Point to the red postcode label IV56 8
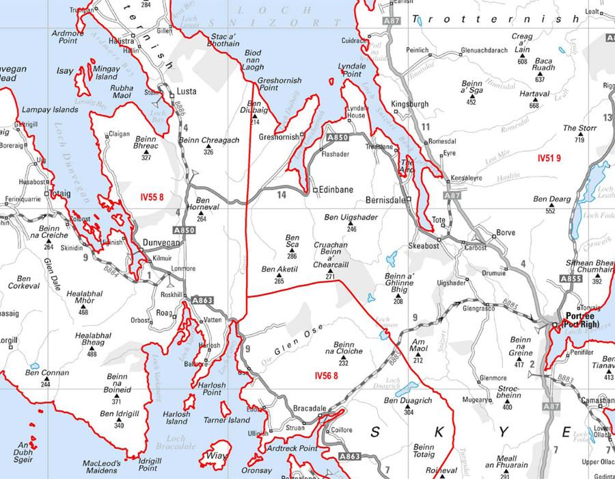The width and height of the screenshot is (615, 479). coord(328,376)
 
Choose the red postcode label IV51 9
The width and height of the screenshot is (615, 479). coord(550,158)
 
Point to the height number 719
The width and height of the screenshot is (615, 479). coord(579,140)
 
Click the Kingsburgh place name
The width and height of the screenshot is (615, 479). coord(409,104)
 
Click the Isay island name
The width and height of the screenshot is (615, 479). coord(65,70)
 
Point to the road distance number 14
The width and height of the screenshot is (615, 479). coord(281,194)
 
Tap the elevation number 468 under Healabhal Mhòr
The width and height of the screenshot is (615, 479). coord(83,313)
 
